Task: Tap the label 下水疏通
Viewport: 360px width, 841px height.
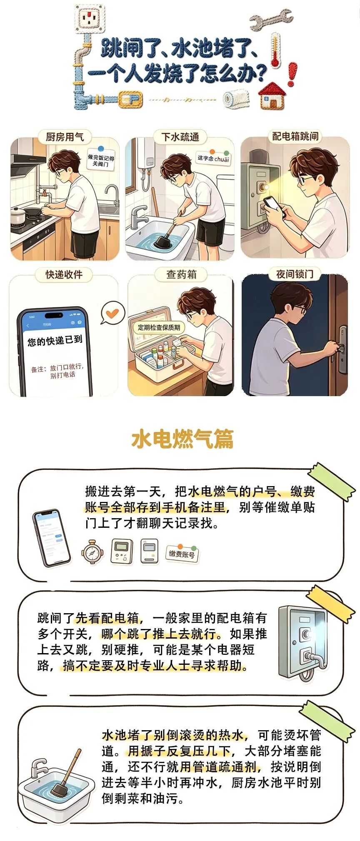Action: tap(180, 137)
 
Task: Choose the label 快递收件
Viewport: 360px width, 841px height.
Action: tap(64, 275)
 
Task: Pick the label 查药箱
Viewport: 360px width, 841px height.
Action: tap(181, 274)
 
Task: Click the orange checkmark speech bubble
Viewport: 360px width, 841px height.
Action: tap(112, 313)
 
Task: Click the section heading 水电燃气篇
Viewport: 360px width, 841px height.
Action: tap(182, 439)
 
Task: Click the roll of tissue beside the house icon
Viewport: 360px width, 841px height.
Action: tap(236, 99)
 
